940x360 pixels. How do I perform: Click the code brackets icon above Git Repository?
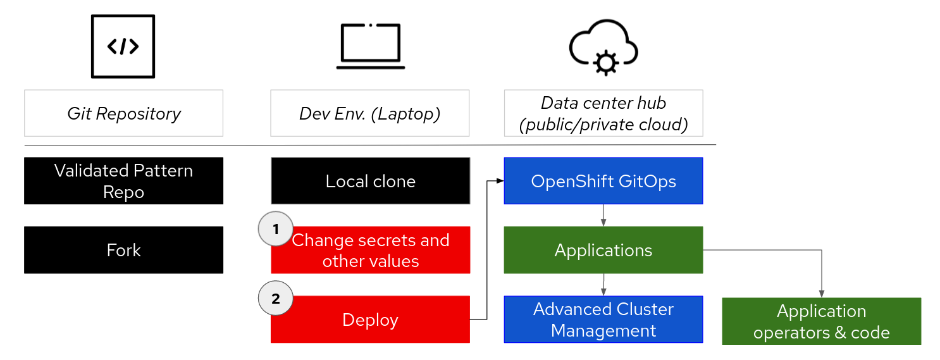(123, 47)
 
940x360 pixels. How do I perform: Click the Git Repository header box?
(123, 113)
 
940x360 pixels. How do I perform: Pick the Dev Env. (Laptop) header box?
(370, 113)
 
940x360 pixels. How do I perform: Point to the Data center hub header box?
(603, 113)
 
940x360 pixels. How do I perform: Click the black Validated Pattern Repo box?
(123, 181)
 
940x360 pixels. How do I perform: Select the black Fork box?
(123, 250)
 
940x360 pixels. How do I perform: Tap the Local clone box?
(371, 181)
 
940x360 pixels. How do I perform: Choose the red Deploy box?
(371, 320)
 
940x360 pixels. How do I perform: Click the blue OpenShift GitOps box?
(603, 181)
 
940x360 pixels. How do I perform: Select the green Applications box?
(603, 250)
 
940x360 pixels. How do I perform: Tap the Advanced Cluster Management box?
(603, 320)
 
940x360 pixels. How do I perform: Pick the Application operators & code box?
(821, 321)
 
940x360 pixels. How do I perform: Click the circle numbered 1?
(276, 230)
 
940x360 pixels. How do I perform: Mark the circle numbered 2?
(276, 299)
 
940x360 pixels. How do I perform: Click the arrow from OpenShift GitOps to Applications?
(603, 215)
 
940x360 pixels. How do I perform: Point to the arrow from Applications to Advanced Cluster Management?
(603, 284)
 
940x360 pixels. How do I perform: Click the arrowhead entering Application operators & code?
(821, 294)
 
